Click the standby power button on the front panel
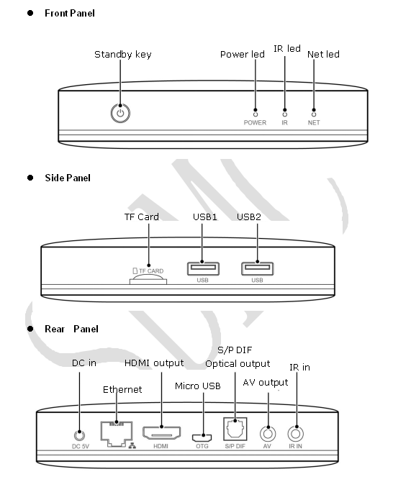point(120,114)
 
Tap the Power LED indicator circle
point(256,114)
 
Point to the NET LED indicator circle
point(314,114)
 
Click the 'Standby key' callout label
point(123,55)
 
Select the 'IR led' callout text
point(287,49)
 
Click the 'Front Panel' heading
point(70,14)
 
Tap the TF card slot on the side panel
point(148,281)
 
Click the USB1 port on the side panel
point(203,268)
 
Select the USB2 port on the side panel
point(258,268)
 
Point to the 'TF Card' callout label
point(142,217)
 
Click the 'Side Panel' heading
point(68,178)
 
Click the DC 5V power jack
point(80,435)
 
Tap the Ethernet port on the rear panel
point(117,434)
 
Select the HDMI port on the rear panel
point(162,432)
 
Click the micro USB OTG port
point(202,438)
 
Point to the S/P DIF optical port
point(235,429)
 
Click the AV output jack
point(268,434)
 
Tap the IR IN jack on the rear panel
point(296,434)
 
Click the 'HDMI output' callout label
point(154,363)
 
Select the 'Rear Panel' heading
point(71,329)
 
